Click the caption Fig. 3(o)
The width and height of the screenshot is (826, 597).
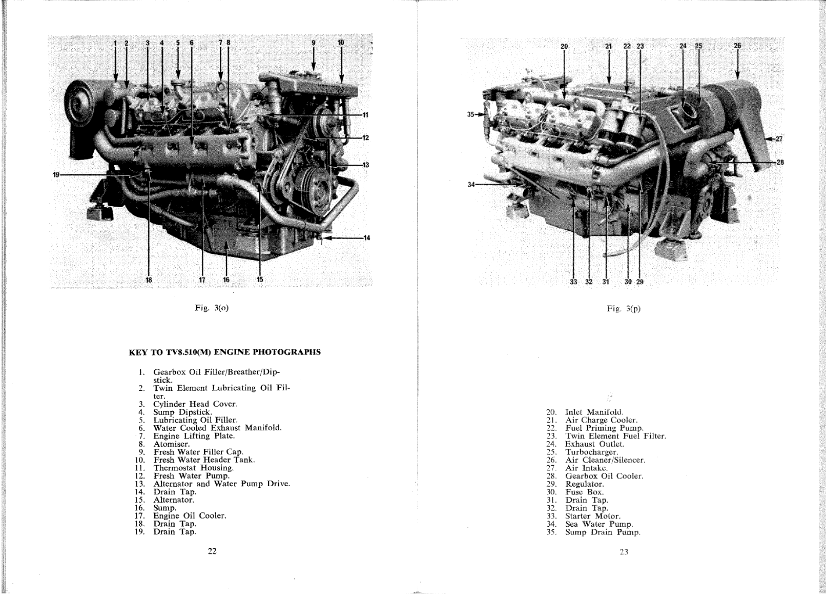212,308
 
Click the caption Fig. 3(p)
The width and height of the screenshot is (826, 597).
624,309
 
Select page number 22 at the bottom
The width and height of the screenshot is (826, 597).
212,551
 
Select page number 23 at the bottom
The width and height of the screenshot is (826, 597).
624,552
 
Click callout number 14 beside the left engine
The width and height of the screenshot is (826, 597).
366,237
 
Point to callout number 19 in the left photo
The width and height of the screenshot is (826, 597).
56,175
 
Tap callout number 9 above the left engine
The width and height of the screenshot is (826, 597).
314,43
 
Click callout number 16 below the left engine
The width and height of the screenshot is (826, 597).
226,280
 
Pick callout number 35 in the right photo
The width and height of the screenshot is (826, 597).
471,114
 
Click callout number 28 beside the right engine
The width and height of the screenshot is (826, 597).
780,162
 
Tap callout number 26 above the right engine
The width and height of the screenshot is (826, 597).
737,46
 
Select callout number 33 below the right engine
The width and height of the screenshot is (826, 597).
573,282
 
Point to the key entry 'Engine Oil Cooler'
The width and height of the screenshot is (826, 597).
190,516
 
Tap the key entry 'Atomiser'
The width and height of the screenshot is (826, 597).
171,444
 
